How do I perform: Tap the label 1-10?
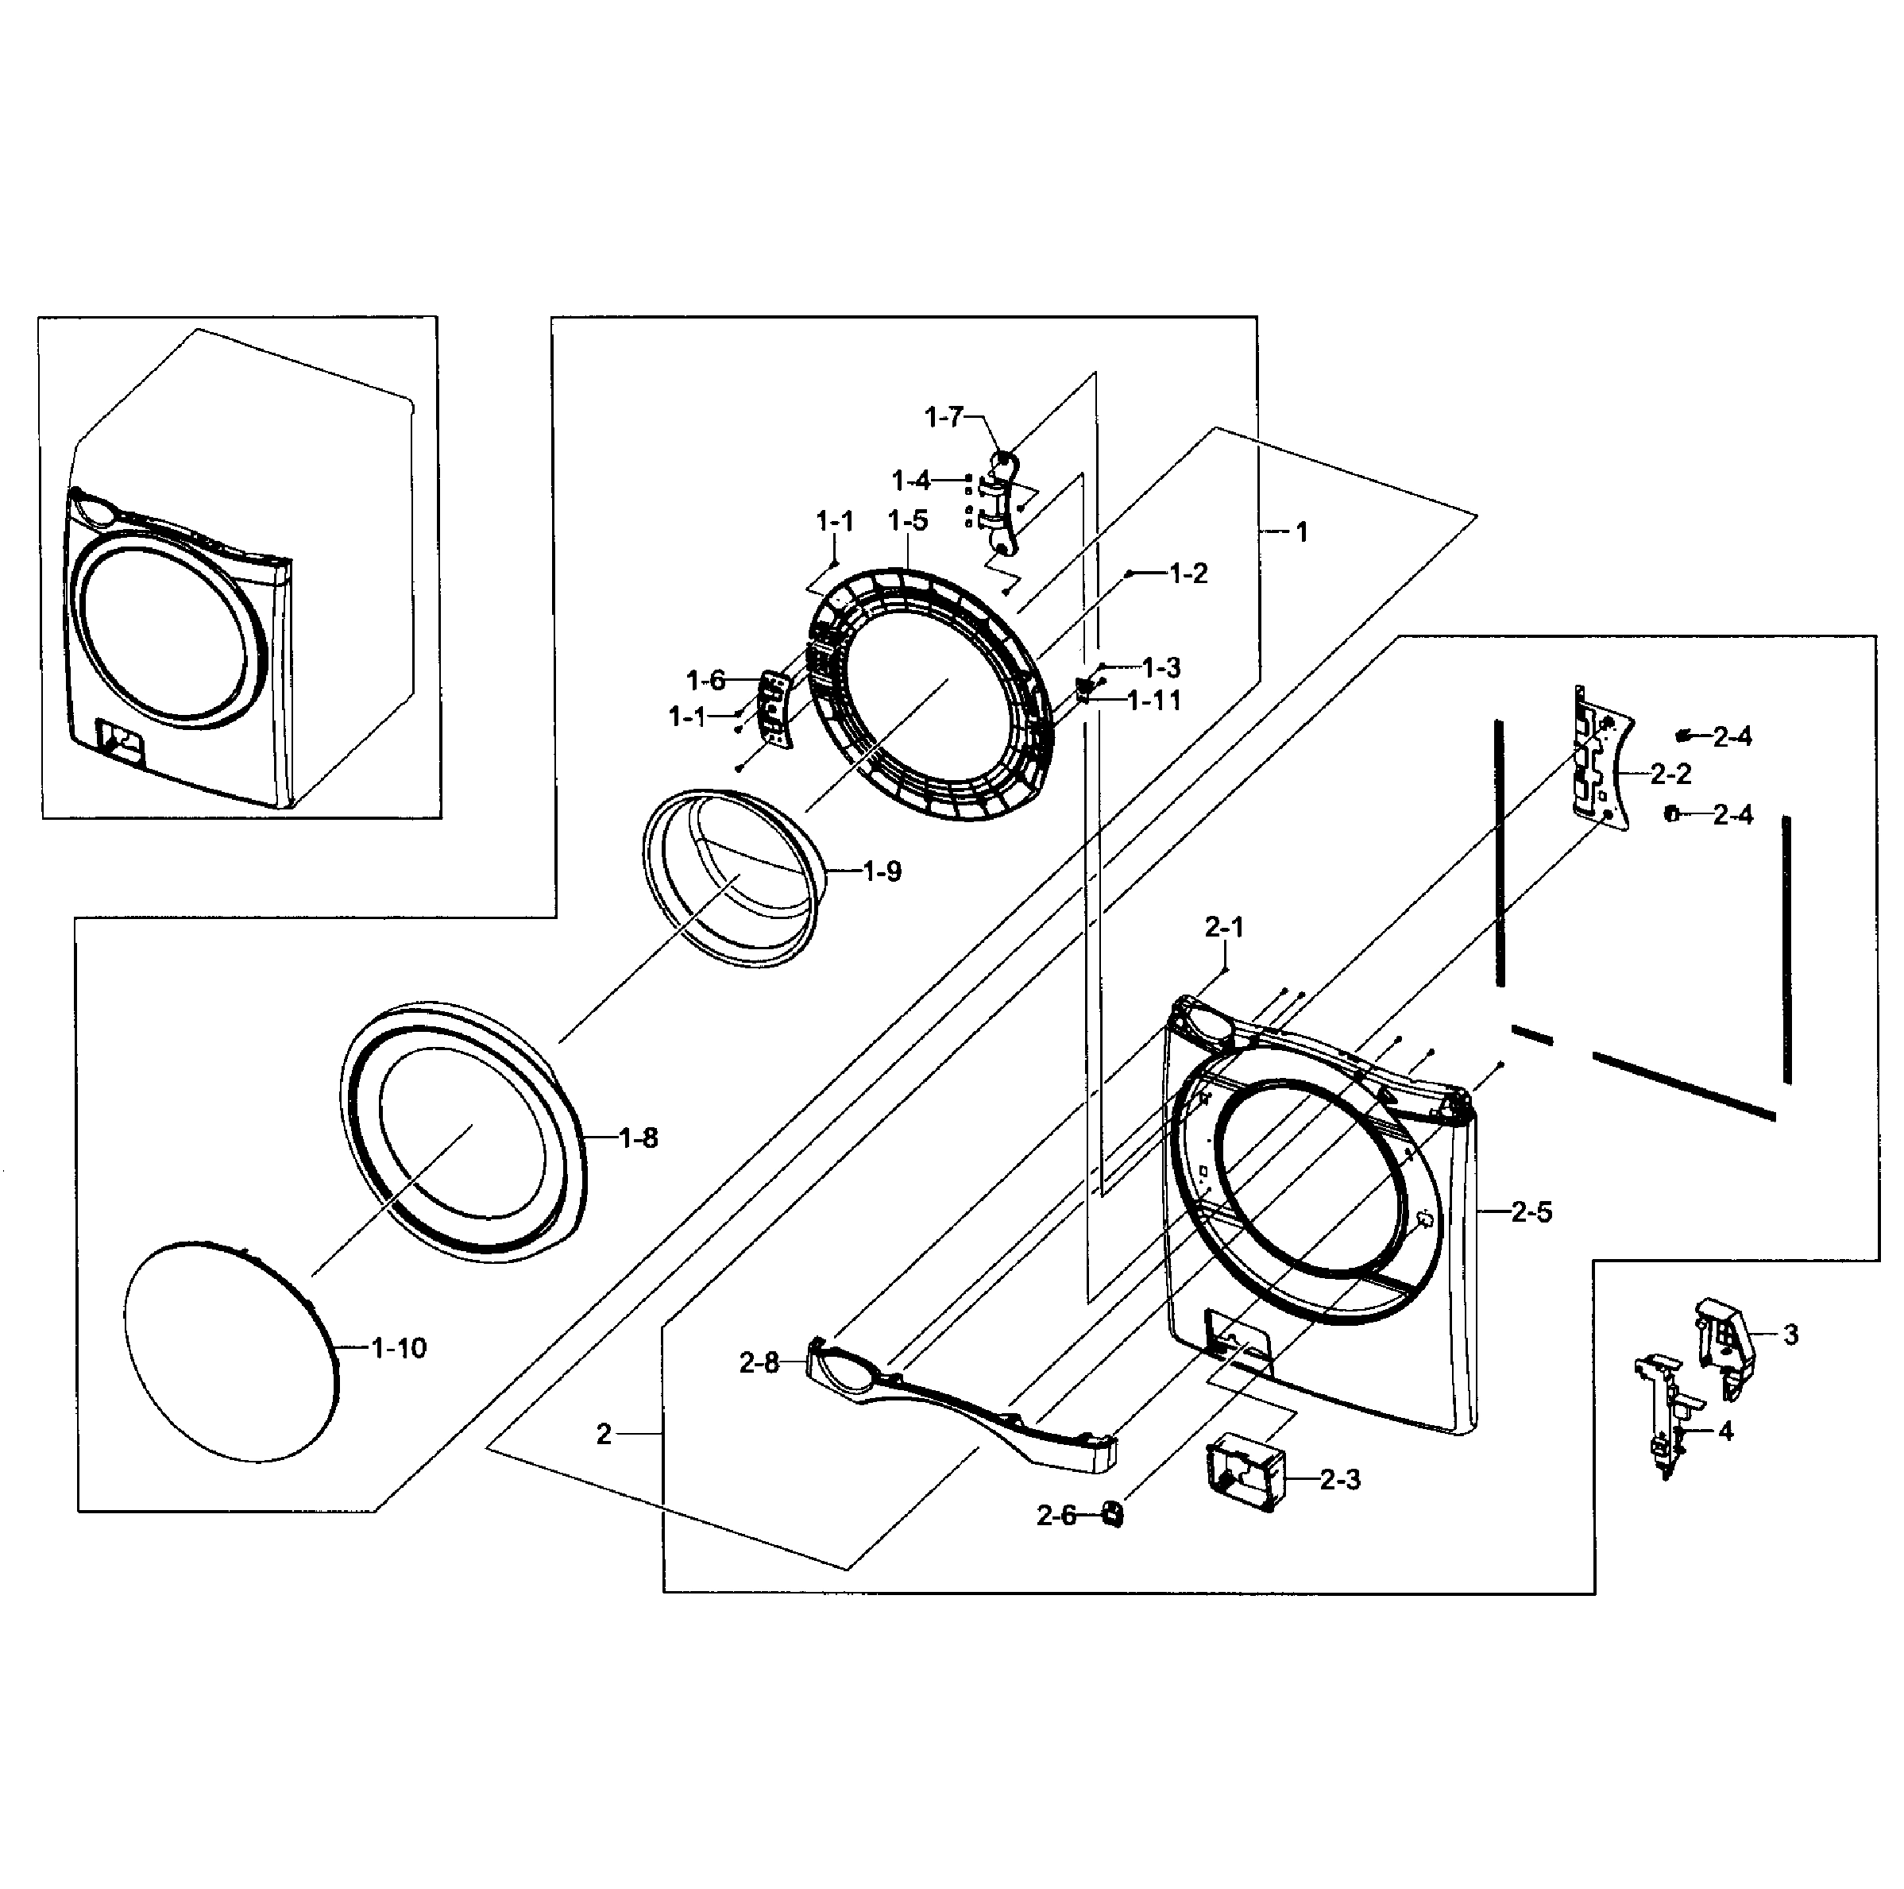[399, 1348]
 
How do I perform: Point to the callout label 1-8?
[638, 1138]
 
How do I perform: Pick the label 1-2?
[1188, 574]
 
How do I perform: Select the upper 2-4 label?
[1732, 736]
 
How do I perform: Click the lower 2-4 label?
[1732, 815]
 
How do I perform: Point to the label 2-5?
[1531, 1212]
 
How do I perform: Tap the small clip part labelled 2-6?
[1111, 1512]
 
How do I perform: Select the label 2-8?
[759, 1363]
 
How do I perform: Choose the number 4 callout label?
[1725, 1431]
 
